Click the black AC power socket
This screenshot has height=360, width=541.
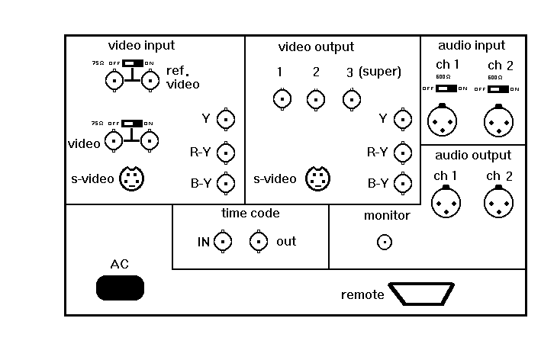click(x=120, y=288)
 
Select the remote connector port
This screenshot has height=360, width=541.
click(x=422, y=294)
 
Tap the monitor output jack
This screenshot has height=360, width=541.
click(x=385, y=243)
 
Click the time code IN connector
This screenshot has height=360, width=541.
click(x=223, y=242)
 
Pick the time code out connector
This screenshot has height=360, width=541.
click(x=259, y=242)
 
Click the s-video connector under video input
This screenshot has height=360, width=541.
click(x=131, y=178)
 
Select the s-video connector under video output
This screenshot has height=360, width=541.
click(x=317, y=178)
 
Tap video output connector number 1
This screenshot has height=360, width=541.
click(x=282, y=98)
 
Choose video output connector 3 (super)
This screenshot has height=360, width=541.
click(x=351, y=98)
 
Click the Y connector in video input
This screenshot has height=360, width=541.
click(x=226, y=119)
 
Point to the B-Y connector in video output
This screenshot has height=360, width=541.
click(x=403, y=183)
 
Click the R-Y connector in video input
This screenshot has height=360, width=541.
click(x=226, y=153)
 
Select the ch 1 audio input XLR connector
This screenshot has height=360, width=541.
click(x=441, y=120)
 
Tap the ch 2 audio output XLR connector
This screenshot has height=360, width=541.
click(x=498, y=203)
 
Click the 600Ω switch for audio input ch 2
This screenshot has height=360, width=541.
click(x=498, y=88)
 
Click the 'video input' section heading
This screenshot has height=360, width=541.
click(x=141, y=46)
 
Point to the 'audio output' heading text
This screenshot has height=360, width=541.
click(x=473, y=156)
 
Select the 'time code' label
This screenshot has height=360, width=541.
click(x=250, y=214)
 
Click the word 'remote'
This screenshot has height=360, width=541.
click(x=362, y=294)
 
